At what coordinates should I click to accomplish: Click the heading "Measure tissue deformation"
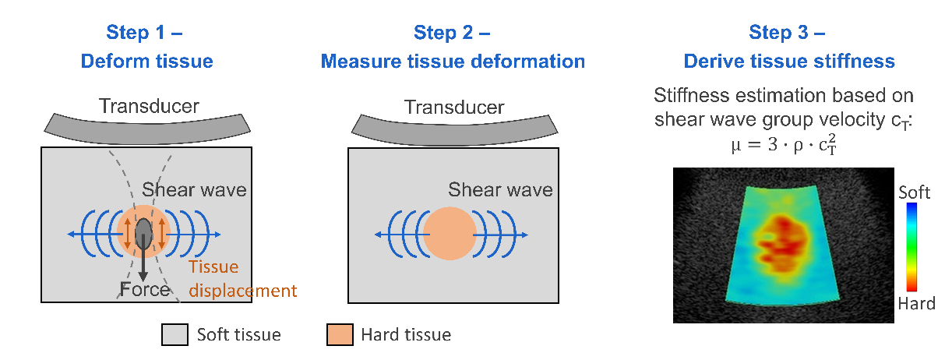pos(453,61)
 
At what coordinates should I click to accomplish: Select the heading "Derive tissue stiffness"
pos(788,61)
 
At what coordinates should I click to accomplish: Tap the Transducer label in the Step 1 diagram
pos(149,106)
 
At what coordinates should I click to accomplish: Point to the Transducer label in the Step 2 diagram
pos(453,107)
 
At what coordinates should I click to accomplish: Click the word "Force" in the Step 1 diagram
pos(145,290)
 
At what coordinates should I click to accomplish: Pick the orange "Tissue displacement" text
pos(242,279)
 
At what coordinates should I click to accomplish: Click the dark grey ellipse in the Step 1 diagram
pos(144,233)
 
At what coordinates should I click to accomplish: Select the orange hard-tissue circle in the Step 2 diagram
pos(449,234)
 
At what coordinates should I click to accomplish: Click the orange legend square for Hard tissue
pos(340,335)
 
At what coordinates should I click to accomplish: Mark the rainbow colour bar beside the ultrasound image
pos(912,247)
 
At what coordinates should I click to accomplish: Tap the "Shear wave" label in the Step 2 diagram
pos(500,189)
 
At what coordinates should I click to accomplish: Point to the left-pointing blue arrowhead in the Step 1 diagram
pos(72,233)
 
